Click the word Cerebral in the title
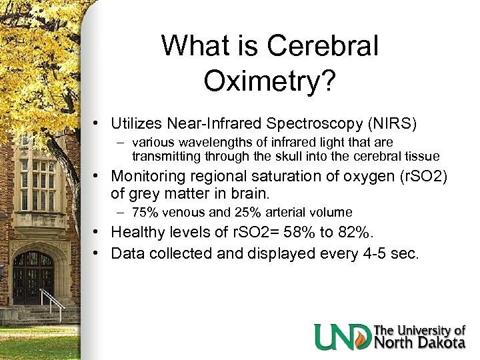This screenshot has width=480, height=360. click(323, 47)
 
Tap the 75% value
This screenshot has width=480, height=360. click(144, 213)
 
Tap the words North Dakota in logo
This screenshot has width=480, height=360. click(420, 343)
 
